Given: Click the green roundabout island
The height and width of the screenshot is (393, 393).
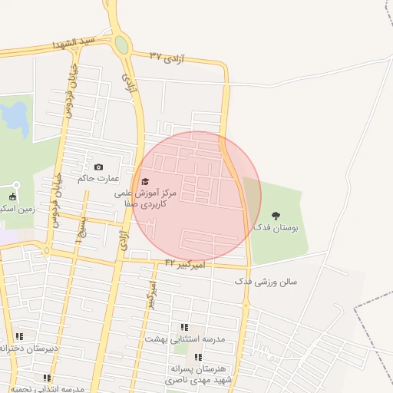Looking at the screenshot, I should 121,45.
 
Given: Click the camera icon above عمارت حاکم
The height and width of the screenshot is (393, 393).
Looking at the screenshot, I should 98,167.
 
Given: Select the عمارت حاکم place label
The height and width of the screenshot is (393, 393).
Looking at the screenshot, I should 98,178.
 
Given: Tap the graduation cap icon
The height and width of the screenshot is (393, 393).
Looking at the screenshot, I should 144,182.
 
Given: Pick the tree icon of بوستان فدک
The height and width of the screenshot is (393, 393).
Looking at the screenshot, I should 276,216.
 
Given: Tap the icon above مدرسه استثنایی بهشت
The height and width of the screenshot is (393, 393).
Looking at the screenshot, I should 183,327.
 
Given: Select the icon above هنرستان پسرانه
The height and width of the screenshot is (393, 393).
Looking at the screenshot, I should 198,357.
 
